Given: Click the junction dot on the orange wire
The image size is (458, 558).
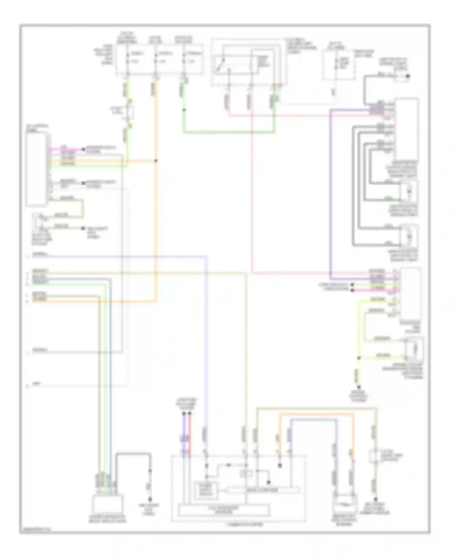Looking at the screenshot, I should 156,161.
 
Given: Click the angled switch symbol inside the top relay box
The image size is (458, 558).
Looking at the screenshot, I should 220,65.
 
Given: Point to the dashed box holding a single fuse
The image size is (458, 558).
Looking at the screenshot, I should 338,65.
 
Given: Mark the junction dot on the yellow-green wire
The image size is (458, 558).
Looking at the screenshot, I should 359,358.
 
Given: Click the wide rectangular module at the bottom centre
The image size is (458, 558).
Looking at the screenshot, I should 224,510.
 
